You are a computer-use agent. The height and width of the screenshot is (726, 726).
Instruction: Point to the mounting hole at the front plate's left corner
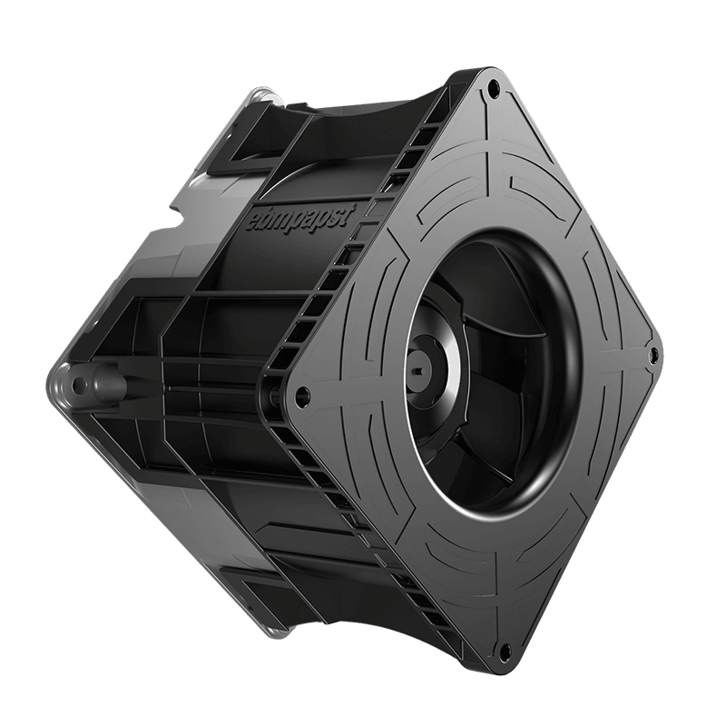point(302,393)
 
